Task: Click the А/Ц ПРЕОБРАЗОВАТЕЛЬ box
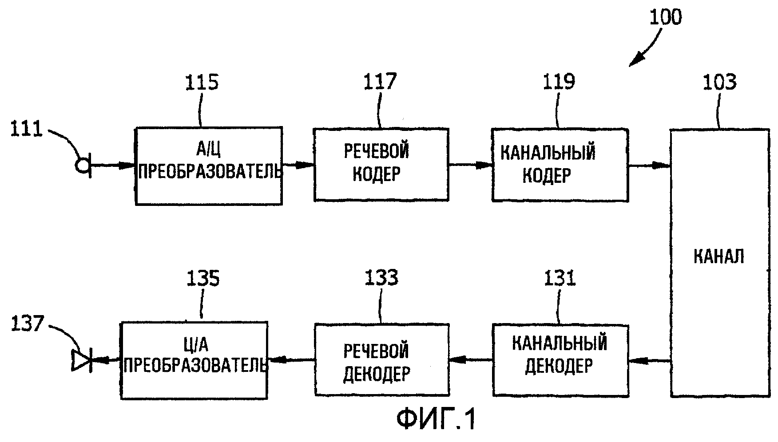[208, 165]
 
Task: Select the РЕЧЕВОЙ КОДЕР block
[381, 164]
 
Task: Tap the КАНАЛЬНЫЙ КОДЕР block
[560, 164]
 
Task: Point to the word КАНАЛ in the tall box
[718, 257]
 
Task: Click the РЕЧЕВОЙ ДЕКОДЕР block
[381, 359]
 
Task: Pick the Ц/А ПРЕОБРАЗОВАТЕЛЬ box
[194, 360]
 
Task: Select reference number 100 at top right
[665, 18]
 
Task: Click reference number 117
[380, 82]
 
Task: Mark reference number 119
[559, 82]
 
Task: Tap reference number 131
[560, 279]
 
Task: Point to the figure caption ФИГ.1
[436, 419]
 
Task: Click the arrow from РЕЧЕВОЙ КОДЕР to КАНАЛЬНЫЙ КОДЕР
[470, 165]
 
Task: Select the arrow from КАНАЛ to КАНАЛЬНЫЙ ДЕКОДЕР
[649, 360]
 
